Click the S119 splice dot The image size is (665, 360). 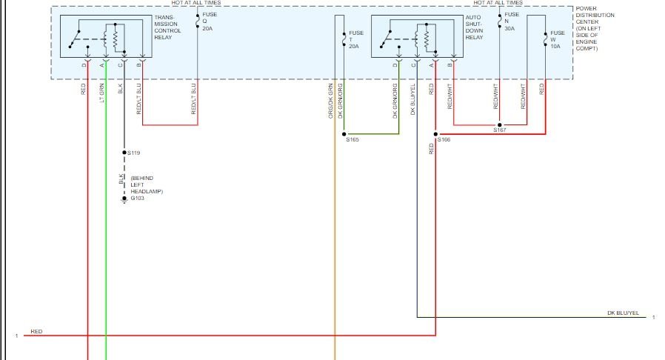click(124, 152)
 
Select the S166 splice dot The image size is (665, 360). click(435, 134)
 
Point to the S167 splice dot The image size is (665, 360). click(500, 125)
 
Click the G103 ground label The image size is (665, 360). click(137, 198)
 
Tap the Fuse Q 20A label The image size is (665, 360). click(210, 22)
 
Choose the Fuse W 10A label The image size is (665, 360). click(557, 39)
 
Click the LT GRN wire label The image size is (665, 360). click(103, 92)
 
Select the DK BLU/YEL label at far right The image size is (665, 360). click(622, 313)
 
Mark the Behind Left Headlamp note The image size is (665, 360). click(145, 185)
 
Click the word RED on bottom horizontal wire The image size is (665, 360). click(36, 331)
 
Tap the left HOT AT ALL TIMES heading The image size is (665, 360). click(196, 3)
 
